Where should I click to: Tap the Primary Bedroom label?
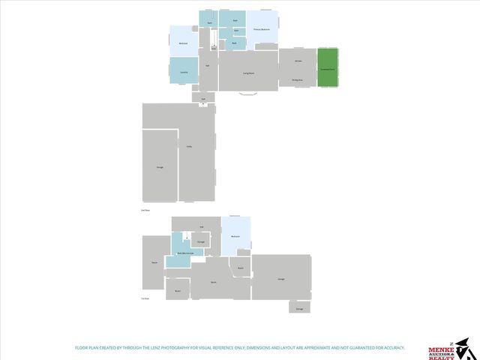(262, 30)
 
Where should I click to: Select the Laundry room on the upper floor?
(184, 70)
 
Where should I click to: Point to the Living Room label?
(247, 73)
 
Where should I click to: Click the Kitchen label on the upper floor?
(298, 59)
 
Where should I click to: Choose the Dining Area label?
(297, 79)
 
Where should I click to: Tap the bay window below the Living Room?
(247, 94)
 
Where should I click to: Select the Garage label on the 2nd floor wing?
(159, 166)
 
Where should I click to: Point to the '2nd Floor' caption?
(145, 211)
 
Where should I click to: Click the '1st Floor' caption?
(145, 298)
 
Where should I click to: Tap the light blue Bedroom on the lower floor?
(235, 236)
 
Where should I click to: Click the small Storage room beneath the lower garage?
(299, 307)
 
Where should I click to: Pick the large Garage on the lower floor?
(280, 279)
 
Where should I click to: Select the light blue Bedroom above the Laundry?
(184, 43)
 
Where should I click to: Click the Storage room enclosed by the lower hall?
(201, 242)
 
